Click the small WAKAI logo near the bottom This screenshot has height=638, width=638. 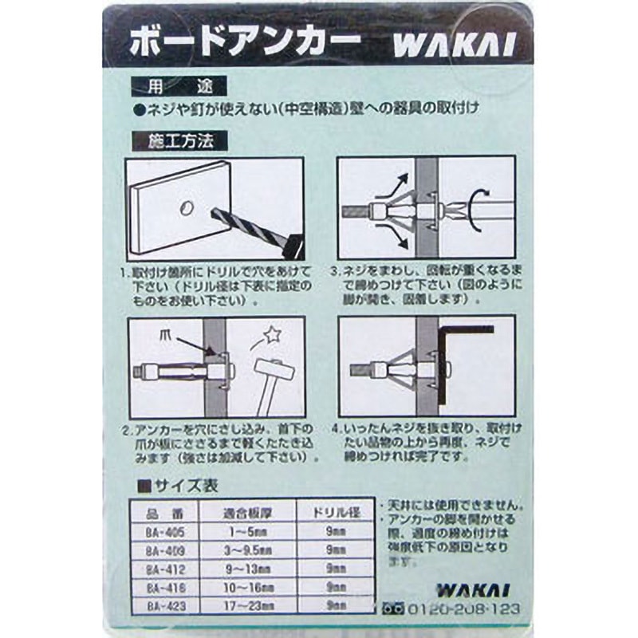click(462, 591)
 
